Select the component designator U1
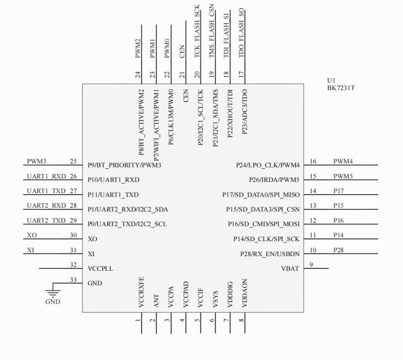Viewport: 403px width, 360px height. tap(331, 80)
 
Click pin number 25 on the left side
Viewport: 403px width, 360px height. tap(73, 162)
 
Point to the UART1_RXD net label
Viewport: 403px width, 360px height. tap(45, 176)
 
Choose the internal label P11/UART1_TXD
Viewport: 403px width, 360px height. tap(113, 195)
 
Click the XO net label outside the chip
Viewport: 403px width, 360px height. tap(32, 235)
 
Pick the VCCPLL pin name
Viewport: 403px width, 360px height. tap(100, 268)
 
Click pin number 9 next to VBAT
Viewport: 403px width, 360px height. tap(311, 265)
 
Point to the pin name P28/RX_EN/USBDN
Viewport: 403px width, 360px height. tap(270, 254)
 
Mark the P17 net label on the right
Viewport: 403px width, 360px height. tap(339, 191)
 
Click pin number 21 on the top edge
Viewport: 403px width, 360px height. tap(182, 75)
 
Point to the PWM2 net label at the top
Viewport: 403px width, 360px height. tap(138, 49)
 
